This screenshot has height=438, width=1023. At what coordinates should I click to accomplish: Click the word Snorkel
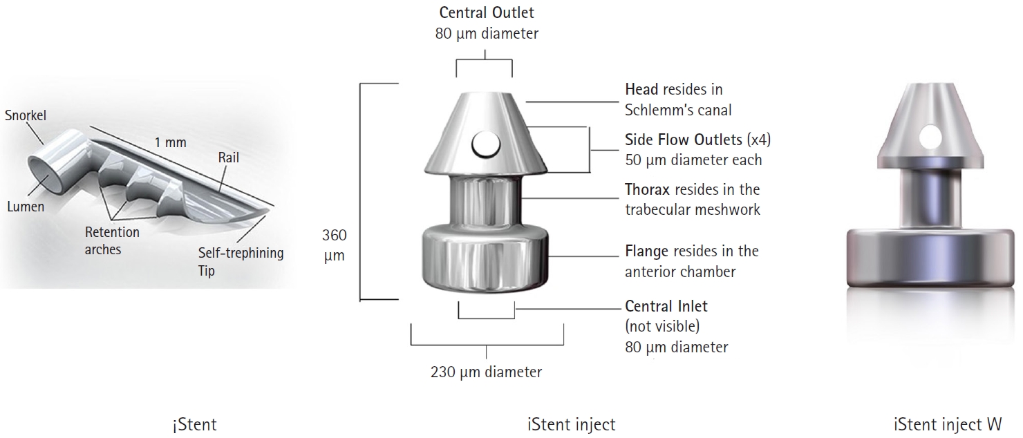(x=26, y=115)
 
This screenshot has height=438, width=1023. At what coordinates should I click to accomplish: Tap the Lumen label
(x=26, y=207)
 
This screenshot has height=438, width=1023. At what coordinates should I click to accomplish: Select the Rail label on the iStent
(x=228, y=158)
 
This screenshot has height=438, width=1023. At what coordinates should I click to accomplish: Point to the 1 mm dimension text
(x=170, y=142)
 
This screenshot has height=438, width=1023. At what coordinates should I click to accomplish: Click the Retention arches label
(x=113, y=241)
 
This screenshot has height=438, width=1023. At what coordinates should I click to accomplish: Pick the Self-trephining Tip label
(x=241, y=261)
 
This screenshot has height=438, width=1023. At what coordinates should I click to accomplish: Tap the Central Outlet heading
(x=487, y=12)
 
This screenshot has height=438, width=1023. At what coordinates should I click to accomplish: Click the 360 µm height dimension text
(x=335, y=245)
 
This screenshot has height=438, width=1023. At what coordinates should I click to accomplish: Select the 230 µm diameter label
(x=486, y=372)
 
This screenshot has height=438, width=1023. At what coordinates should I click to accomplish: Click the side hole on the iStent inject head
(x=486, y=144)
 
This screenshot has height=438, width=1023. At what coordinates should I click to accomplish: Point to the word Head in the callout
(x=641, y=89)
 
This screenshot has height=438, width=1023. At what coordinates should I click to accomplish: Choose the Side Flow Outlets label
(x=683, y=139)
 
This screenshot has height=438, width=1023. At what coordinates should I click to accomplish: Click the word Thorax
(x=647, y=189)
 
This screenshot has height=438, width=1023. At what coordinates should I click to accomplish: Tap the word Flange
(x=646, y=251)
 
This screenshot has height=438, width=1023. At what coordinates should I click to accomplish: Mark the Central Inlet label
(x=666, y=305)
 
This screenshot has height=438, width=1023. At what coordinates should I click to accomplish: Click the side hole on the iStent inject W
(x=930, y=137)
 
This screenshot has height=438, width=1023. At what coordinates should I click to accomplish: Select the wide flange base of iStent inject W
(x=930, y=258)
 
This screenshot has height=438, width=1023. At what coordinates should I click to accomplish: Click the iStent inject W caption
(x=948, y=424)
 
